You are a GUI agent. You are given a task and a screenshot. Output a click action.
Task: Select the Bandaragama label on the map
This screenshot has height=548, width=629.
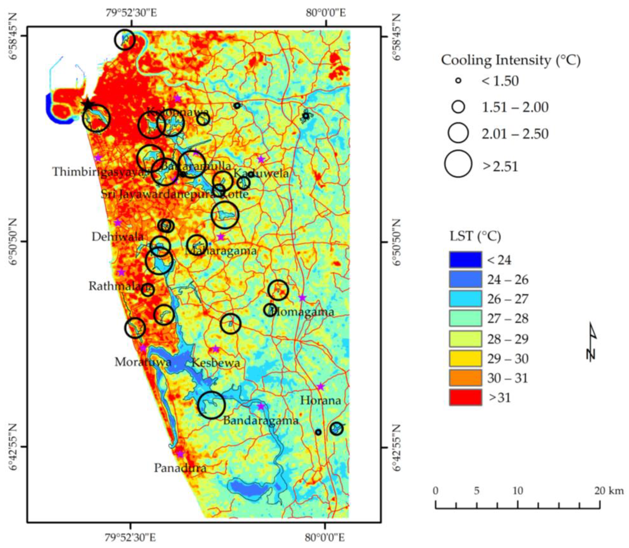(260, 420)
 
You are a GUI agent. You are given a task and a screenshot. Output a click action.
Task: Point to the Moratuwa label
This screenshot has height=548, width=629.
(143, 362)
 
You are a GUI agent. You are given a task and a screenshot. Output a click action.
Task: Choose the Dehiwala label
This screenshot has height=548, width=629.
(118, 236)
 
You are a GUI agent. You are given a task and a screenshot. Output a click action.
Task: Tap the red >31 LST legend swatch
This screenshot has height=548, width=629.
(465, 397)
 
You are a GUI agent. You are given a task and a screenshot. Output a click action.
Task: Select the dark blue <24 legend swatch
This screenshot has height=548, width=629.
(465, 259)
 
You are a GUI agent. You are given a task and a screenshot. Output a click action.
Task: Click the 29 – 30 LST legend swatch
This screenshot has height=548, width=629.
(465, 358)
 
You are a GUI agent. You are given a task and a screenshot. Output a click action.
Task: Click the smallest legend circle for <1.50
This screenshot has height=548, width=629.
(458, 81)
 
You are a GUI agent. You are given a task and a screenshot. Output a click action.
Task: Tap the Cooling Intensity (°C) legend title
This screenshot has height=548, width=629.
(511, 60)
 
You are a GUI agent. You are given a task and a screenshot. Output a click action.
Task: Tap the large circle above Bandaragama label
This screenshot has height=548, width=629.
(211, 405)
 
